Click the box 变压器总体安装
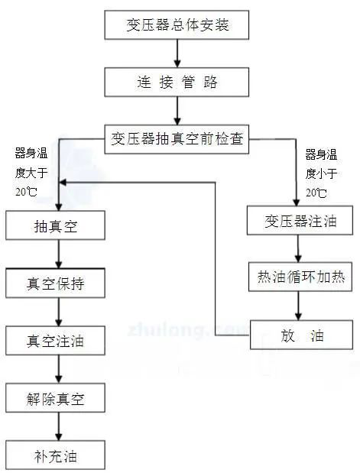click(177, 25)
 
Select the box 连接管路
click(177, 80)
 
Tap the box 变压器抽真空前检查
click(177, 140)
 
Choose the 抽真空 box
click(56, 227)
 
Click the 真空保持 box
click(56, 285)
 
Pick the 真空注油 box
click(56, 341)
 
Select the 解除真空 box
click(56, 398)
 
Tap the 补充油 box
click(56, 456)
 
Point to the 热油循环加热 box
click(300, 278)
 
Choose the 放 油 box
click(300, 334)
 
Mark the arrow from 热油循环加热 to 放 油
click(298, 306)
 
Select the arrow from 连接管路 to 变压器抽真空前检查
click(177, 110)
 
